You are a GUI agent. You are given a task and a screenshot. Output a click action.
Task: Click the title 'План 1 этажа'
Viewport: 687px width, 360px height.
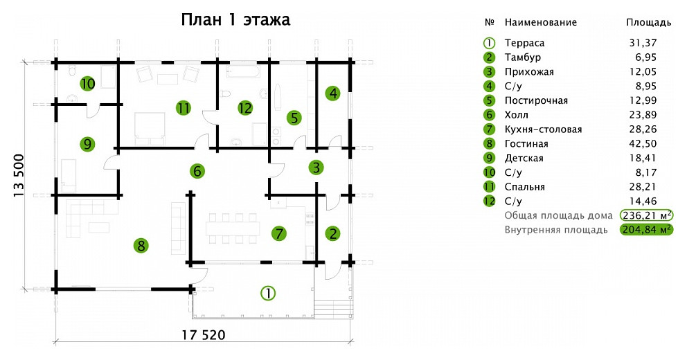(235, 20)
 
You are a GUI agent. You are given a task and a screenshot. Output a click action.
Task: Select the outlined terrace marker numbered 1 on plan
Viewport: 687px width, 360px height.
(267, 292)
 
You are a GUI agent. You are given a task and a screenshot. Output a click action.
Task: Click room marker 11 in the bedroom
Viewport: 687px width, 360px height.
(183, 108)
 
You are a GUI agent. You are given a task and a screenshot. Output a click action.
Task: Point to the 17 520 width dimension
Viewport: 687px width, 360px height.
(204, 336)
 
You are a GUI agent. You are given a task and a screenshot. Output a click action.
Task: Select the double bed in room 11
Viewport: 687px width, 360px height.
(149, 126)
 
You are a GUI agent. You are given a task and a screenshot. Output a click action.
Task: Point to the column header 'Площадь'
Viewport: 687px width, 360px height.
(648, 22)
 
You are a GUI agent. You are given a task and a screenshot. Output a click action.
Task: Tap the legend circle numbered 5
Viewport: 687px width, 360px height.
(489, 101)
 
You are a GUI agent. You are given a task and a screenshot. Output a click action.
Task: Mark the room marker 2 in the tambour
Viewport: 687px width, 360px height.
(333, 233)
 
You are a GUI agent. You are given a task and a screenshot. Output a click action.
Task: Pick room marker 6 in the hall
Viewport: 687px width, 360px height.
(197, 170)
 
